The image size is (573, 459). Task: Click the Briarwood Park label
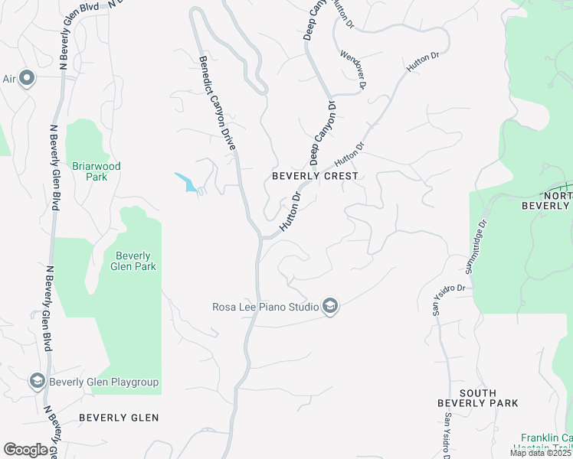pyautogui.click(x=97, y=171)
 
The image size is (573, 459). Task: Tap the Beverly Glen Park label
pyautogui.click(x=134, y=261)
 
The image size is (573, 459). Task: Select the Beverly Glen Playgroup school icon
pyautogui.click(x=36, y=381)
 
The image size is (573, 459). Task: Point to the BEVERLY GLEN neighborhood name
pyautogui.click(x=119, y=418)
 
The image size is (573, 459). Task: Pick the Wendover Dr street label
pyautogui.click(x=354, y=67)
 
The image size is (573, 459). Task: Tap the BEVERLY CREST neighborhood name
pyautogui.click(x=315, y=176)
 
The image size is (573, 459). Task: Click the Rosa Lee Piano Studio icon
pyautogui.click(x=330, y=307)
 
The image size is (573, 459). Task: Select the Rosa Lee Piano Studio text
pyautogui.click(x=265, y=308)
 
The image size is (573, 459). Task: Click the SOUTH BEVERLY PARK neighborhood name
pyautogui.click(x=477, y=398)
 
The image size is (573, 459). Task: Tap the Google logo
pyautogui.click(x=25, y=450)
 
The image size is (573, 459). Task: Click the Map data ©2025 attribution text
pyautogui.click(x=540, y=453)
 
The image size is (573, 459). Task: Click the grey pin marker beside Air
pyautogui.click(x=27, y=78)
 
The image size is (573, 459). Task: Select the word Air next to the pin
pyautogui.click(x=9, y=78)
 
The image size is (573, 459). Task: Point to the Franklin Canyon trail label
pyautogui.click(x=546, y=443)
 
